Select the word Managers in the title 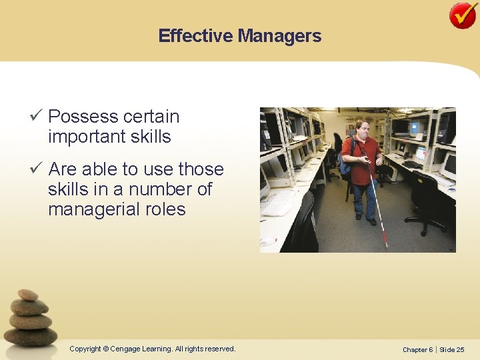tap(280, 36)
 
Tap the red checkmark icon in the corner tap(463, 15)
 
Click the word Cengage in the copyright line tap(130, 349)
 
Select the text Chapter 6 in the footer tap(417, 349)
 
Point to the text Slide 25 tap(452, 349)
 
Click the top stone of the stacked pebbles tap(28, 295)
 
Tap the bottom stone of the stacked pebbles tap(31, 336)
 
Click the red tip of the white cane tap(385, 238)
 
